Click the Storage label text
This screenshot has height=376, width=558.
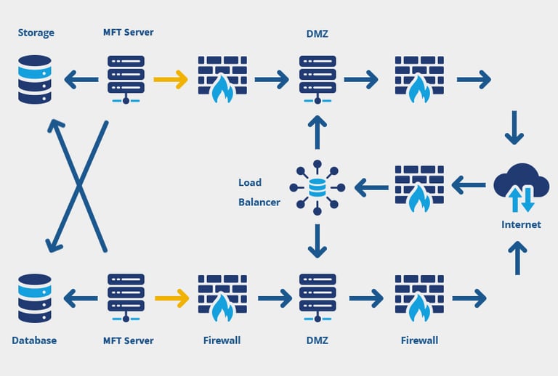click(x=36, y=33)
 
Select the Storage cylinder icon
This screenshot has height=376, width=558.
click(x=35, y=79)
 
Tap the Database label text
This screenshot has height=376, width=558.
click(x=34, y=340)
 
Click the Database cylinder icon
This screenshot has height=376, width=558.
click(x=35, y=298)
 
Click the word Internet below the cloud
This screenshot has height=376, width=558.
click(x=521, y=224)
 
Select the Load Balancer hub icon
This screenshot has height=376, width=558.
click(x=317, y=188)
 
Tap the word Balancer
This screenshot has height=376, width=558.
click(x=259, y=202)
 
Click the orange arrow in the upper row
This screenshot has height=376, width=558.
click(x=171, y=79)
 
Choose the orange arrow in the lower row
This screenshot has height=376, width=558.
click(x=171, y=298)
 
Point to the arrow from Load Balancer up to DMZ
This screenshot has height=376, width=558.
click(x=317, y=133)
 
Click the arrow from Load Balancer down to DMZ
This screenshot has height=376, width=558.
click(x=317, y=242)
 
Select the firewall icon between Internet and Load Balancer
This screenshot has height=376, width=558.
click(x=418, y=188)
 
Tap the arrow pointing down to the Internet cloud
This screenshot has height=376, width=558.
click(x=514, y=128)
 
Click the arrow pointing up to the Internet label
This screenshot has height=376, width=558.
click(x=517, y=258)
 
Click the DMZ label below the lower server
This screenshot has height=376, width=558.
click(x=317, y=340)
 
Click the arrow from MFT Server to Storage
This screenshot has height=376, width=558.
click(x=81, y=79)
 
